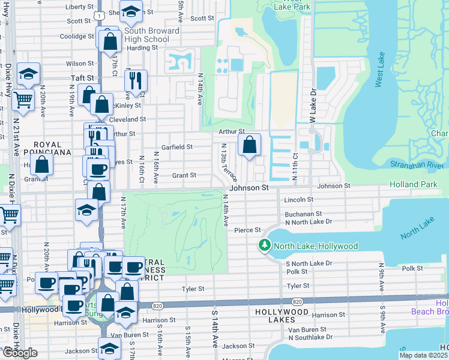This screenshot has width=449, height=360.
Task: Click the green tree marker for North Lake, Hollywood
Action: click(x=265, y=246)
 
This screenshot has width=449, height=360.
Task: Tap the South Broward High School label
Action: click(x=152, y=35)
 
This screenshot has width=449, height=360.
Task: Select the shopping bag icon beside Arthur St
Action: click(x=249, y=145)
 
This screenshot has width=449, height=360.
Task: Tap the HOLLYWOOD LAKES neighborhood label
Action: click(x=281, y=313)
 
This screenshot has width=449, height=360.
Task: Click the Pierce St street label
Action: click(x=247, y=230)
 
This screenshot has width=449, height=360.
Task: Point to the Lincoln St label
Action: click(x=300, y=199)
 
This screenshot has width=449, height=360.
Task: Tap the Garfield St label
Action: click(x=176, y=146)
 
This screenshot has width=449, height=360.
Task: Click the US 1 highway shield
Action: click(x=100, y=14)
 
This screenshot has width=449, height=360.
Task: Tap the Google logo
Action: click(x=20, y=352)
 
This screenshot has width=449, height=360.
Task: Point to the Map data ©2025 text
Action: click(x=424, y=355)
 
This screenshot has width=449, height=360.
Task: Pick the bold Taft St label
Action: click(x=83, y=78)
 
